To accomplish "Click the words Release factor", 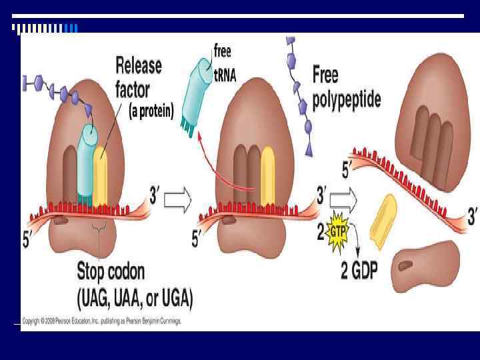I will click(138, 77).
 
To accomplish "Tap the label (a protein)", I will click(151, 112).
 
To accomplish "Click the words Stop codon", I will click(111, 272).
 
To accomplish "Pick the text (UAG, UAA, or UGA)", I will click(135, 300).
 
